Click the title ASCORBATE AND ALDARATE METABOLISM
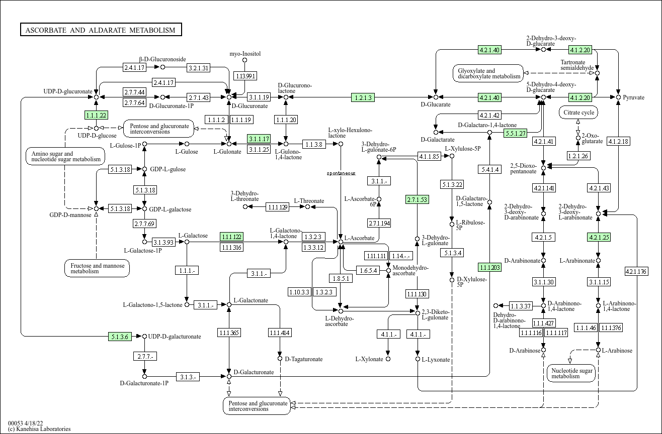click(101, 30)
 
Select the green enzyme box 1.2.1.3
click(363, 97)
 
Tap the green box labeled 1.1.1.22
click(96, 115)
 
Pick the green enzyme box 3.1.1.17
click(259, 139)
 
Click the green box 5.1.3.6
click(120, 337)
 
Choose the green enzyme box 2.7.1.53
click(417, 199)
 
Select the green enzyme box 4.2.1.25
click(599, 237)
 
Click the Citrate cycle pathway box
click(578, 113)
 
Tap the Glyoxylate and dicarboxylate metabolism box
click(488, 73)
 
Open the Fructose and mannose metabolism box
click(97, 268)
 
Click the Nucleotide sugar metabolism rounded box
click(570, 373)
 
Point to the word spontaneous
click(341, 173)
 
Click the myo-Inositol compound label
click(245, 54)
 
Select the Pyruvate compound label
click(633, 97)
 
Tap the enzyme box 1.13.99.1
click(245, 76)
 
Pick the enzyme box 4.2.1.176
click(636, 272)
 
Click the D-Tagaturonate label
click(303, 359)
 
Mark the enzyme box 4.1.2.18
click(618, 141)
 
